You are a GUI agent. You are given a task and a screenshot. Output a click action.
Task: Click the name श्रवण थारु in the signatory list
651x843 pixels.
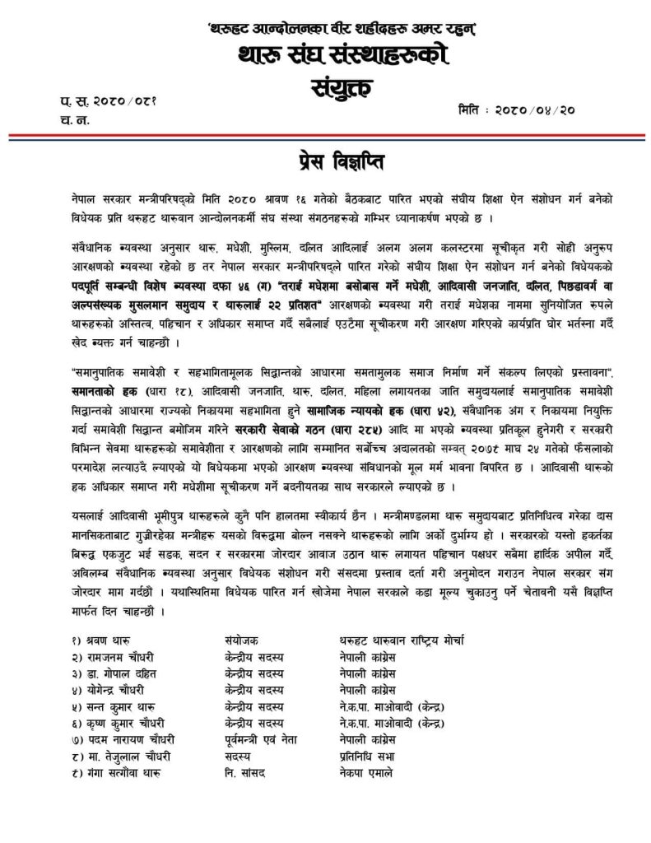108,639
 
